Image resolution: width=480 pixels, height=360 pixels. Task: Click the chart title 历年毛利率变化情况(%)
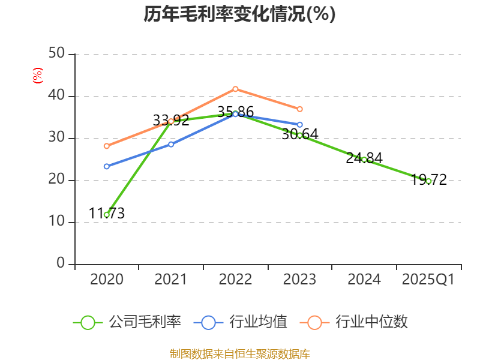click(x=239, y=14)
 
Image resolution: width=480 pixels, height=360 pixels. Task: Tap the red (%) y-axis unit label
click(x=37, y=76)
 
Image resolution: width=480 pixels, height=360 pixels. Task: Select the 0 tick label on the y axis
click(x=61, y=264)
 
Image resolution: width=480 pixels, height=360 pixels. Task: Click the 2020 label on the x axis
click(x=106, y=280)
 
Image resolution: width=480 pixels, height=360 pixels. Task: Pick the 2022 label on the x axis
click(x=235, y=280)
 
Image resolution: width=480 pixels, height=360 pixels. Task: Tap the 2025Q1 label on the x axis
click(x=428, y=280)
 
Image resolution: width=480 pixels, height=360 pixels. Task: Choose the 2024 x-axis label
click(x=364, y=280)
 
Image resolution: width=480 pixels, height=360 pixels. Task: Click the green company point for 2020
click(x=107, y=214)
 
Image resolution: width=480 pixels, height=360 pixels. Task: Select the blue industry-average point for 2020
click(x=107, y=166)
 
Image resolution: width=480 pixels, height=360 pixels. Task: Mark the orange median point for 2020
click(x=107, y=146)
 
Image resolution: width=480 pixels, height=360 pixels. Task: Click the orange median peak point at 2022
click(x=235, y=89)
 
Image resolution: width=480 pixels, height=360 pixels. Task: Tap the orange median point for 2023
click(x=300, y=109)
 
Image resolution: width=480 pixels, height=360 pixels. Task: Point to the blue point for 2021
click(x=171, y=144)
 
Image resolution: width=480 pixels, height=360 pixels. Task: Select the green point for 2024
click(x=364, y=160)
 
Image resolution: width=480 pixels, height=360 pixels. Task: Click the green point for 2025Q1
click(x=428, y=181)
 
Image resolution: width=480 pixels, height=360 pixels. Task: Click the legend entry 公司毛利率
click(x=127, y=322)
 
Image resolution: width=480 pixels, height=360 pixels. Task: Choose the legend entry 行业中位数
click(x=358, y=322)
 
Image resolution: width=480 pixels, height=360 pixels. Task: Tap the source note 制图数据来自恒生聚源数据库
click(x=239, y=354)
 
